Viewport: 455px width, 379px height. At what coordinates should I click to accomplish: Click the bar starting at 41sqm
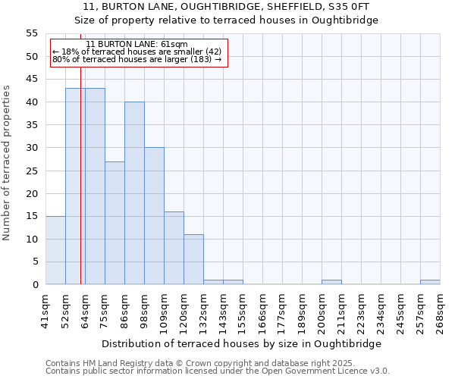click(x=55, y=250)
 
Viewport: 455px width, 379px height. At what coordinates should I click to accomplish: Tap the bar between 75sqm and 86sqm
click(x=115, y=223)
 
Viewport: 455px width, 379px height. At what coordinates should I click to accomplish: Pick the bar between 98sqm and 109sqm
click(x=154, y=216)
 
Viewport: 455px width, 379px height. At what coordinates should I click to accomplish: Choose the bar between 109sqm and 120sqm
click(x=174, y=248)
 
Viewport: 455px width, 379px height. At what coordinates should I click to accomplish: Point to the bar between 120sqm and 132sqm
click(x=193, y=259)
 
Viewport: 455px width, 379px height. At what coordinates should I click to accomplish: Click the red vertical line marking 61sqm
click(x=80, y=189)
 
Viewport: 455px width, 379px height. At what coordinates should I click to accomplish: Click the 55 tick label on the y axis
click(x=32, y=33)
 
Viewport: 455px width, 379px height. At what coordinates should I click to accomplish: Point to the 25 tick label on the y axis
click(x=32, y=171)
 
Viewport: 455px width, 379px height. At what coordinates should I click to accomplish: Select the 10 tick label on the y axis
click(x=32, y=240)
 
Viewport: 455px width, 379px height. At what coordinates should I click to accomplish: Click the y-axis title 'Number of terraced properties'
click(x=7, y=162)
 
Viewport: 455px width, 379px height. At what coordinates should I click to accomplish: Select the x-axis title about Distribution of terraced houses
click(x=242, y=343)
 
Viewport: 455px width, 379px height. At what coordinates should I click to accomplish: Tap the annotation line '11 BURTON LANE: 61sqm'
click(x=136, y=45)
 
